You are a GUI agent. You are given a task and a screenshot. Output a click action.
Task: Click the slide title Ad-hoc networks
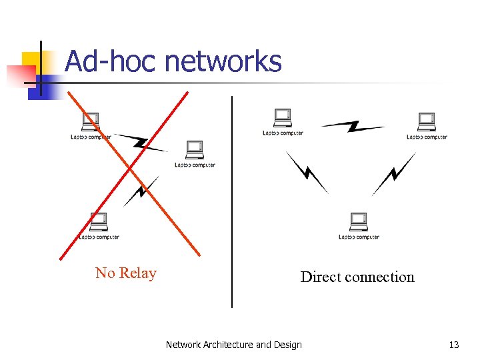(x=173, y=62)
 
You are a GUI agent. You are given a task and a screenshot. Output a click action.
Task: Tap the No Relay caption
(x=125, y=273)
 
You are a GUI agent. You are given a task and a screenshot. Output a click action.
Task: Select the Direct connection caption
(x=357, y=277)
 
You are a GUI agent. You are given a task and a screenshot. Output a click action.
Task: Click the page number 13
(x=454, y=345)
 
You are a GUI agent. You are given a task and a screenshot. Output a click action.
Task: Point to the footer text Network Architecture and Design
(x=233, y=345)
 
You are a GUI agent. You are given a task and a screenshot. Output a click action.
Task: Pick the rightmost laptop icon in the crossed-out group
(x=195, y=149)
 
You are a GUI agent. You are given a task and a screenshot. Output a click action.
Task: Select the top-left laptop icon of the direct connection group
(x=283, y=117)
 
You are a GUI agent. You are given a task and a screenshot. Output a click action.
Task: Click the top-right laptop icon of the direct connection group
(x=426, y=122)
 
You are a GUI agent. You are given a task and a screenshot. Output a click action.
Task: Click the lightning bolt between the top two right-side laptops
(x=353, y=125)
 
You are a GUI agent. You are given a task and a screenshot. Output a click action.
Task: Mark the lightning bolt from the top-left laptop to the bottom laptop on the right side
(x=307, y=172)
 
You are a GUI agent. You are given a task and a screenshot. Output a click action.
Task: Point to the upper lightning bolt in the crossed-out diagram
(x=141, y=142)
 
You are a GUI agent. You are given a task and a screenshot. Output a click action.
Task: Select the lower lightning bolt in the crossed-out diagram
(x=141, y=191)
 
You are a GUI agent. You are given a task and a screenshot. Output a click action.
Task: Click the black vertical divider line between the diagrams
(x=232, y=200)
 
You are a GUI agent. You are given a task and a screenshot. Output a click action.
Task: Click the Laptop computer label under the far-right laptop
(x=427, y=137)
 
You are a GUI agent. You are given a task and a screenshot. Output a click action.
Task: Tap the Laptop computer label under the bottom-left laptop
(x=99, y=237)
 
